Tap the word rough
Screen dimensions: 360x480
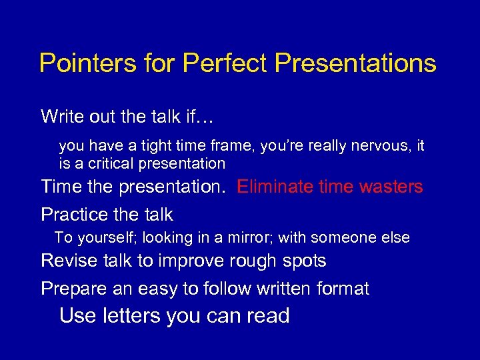[256, 261]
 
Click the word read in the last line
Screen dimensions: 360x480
[267, 315]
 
